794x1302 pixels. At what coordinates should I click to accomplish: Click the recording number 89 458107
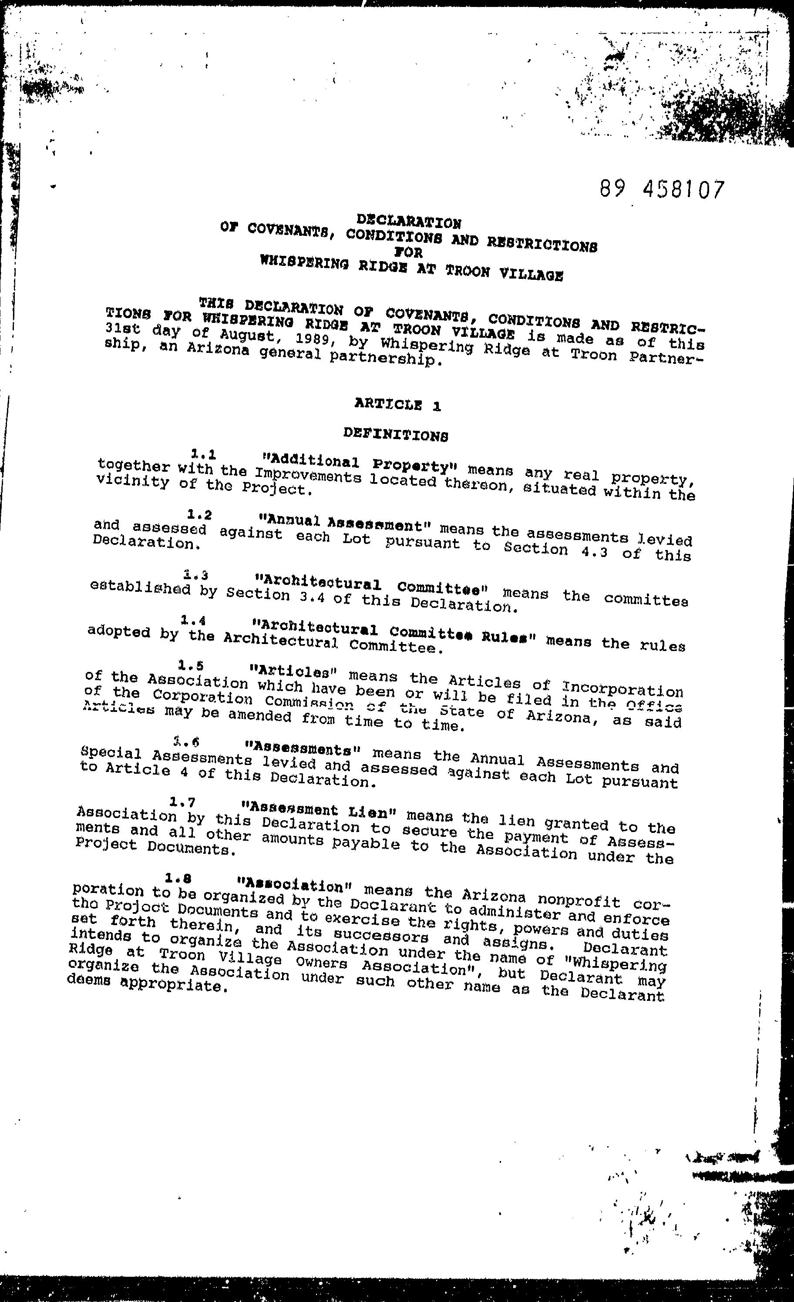661,189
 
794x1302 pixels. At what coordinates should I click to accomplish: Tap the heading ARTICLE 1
397,405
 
